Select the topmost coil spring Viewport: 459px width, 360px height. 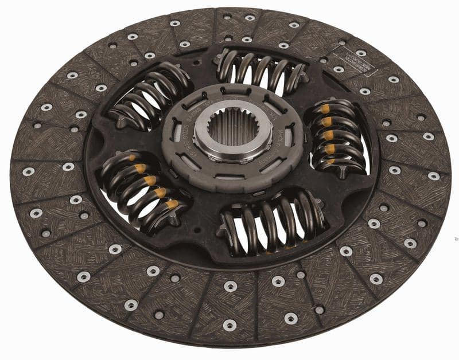tap(261, 74)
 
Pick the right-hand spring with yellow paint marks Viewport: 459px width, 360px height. tap(339, 138)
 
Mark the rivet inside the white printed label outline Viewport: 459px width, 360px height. tap(361, 53)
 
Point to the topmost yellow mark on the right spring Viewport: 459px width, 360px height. tap(325, 109)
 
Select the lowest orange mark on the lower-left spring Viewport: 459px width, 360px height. tap(172, 204)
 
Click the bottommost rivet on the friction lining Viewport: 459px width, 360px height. tap(229, 325)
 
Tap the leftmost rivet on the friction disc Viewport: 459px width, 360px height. tap(28, 171)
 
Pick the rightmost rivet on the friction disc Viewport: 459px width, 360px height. tap(434, 176)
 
